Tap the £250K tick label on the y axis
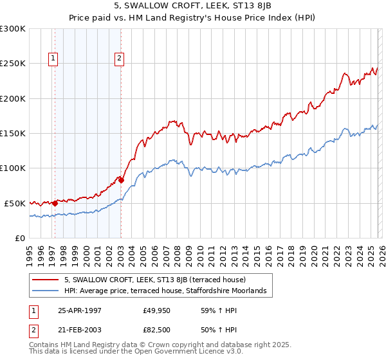pos(13,64)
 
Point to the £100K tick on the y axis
pos(13,168)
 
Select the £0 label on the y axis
pos(19,238)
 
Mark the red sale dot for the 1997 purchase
pos(55,203)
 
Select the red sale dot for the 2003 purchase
pos(121,181)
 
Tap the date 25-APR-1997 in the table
pos(80,309)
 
